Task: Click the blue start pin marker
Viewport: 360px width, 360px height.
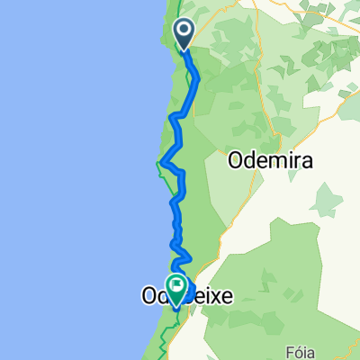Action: point(184,34)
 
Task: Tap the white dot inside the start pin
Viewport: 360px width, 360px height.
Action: point(184,32)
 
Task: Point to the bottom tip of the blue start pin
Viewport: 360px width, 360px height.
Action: point(184,49)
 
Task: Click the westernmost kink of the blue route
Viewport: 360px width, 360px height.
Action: point(159,163)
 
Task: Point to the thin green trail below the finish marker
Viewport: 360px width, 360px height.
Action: point(166,328)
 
